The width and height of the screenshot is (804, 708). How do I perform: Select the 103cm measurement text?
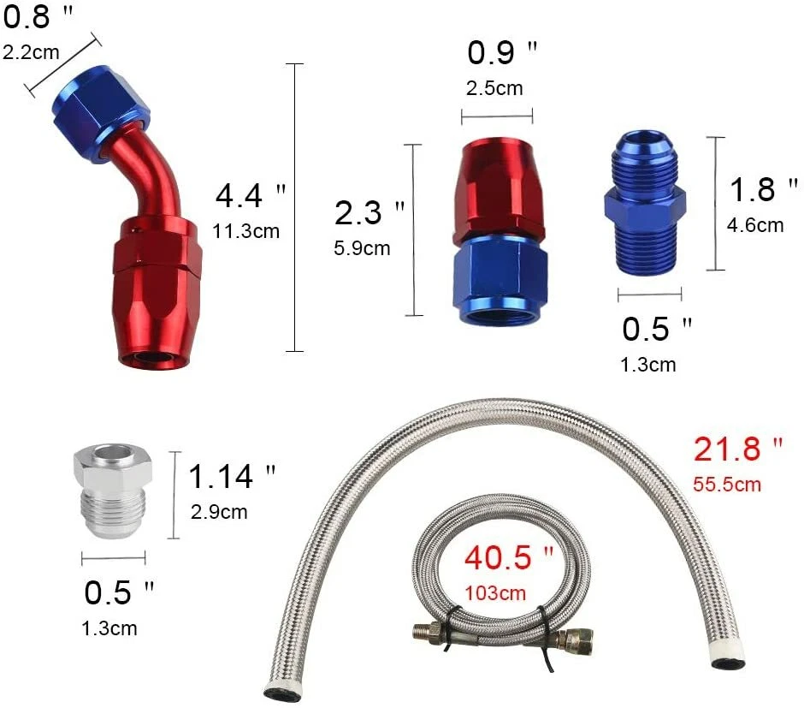click(495, 592)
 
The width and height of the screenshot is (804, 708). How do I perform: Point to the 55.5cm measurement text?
click(726, 484)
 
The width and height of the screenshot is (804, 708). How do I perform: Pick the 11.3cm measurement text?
click(247, 230)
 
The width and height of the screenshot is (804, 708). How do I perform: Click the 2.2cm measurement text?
click(31, 52)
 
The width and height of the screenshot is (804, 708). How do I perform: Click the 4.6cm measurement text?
click(754, 225)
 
